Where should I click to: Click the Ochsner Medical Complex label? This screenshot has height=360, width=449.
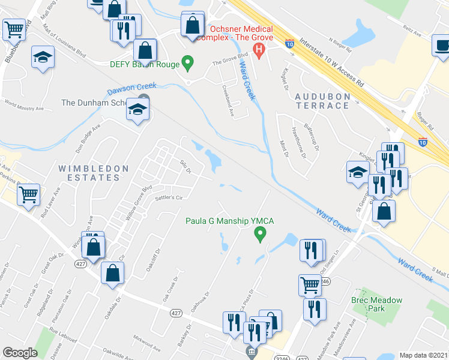(x=241, y=33)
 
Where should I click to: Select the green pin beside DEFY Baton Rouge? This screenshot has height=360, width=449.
(x=188, y=62)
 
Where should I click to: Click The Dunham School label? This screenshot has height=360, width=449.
(x=99, y=103)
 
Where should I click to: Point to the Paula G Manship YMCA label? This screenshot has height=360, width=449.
(x=229, y=221)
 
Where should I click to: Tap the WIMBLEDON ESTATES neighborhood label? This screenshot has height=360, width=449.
(x=93, y=173)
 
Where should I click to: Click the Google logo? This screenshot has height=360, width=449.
(x=20, y=353)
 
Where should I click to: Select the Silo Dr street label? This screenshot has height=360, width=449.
(x=185, y=167)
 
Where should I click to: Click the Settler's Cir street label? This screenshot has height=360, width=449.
(x=168, y=197)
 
